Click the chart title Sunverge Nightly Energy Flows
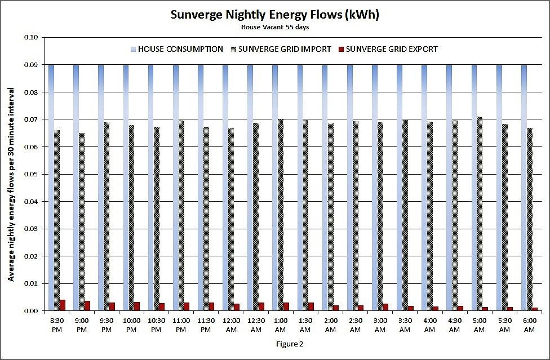(x=274, y=15)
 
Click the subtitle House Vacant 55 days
(x=274, y=26)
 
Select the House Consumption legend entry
(x=176, y=49)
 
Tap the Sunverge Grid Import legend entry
(x=280, y=49)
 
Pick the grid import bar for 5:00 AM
(x=480, y=214)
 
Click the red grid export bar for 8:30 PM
(x=63, y=305)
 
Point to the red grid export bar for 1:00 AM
(x=286, y=307)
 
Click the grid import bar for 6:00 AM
(x=529, y=219)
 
